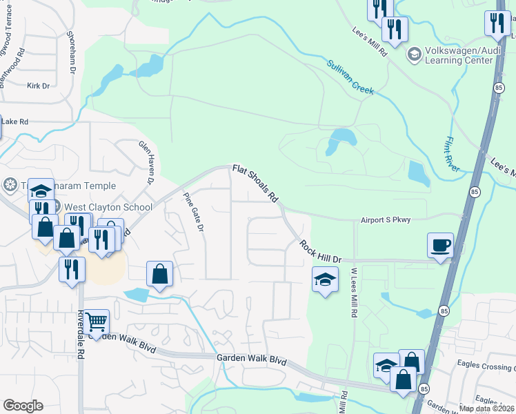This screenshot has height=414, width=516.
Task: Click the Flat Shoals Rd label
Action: (255, 183)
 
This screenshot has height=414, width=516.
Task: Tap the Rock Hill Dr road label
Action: (321, 250)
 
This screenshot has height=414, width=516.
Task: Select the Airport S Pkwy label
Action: (386, 220)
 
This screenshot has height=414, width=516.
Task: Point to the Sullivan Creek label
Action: (350, 76)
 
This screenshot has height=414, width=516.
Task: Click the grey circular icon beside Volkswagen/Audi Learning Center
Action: (415, 54)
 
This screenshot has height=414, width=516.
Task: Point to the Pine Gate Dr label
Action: (194, 212)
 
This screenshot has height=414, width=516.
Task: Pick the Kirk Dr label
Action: (38, 86)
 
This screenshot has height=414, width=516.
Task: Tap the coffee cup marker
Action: (440, 246)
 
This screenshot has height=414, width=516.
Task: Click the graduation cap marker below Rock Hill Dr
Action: (325, 279)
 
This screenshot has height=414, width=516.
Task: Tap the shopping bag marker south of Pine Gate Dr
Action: (159, 273)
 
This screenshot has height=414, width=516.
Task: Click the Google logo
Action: (23, 406)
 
